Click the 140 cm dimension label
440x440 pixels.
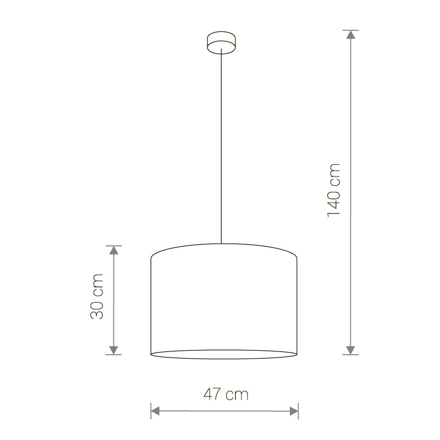pos(334,190)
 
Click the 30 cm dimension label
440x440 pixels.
pos(97,296)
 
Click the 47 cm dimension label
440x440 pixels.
pos(226,394)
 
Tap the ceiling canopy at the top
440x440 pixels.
pos(221,42)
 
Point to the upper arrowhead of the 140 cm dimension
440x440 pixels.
pos(350,35)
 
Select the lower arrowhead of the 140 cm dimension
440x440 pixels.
pos(350,350)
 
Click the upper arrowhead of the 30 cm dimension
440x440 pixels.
pos(114,250)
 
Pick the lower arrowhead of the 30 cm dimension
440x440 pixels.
pos(114,350)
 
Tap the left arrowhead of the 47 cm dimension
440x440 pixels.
pos(155,411)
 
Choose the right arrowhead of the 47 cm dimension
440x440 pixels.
pos(294,411)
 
